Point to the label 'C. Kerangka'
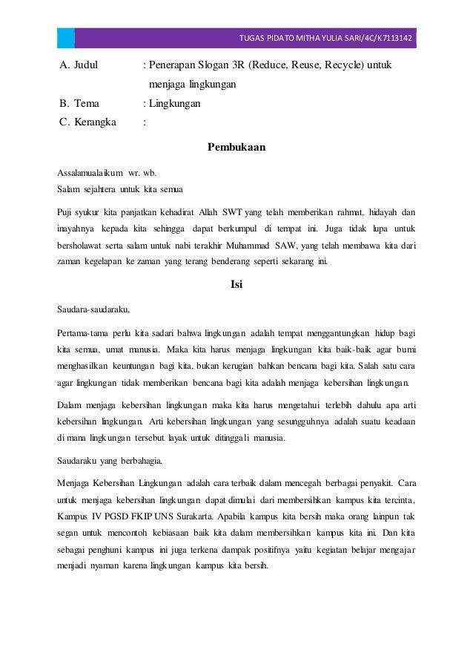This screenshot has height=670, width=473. pos(87,123)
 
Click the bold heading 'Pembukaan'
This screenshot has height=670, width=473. pos(236,147)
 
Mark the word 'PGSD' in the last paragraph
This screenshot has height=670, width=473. pos(119,515)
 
